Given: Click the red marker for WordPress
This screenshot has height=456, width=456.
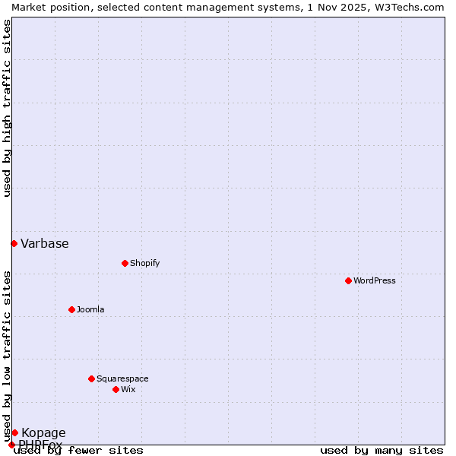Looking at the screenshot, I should (348, 280).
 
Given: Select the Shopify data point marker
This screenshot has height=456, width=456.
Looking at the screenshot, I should (125, 263).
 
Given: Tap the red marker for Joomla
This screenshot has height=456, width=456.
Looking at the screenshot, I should (71, 309).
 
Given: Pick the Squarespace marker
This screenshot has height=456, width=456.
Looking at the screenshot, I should (91, 378).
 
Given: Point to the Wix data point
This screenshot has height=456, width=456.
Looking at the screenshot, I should (116, 389).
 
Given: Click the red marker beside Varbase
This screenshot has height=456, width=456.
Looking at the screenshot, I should (14, 243).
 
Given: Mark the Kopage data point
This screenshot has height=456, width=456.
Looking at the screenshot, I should (14, 432).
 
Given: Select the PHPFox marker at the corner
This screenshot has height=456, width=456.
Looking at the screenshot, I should (11, 445).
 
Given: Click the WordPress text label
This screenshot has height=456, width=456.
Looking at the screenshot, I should (375, 280).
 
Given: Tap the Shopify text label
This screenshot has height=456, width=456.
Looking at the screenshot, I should (144, 263).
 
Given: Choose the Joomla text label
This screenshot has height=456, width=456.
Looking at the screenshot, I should (90, 309).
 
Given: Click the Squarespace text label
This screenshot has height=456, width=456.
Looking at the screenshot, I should (122, 378).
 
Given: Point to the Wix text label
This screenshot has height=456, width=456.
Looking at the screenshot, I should (128, 389).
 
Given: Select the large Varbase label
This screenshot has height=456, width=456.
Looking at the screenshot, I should (45, 244).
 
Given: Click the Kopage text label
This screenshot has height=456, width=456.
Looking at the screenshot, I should (43, 433).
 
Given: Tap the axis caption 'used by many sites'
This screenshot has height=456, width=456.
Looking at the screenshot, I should (382, 450).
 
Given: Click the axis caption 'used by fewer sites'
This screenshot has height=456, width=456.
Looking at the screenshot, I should (79, 450).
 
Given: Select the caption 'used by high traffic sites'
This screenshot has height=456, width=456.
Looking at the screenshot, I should (8, 108).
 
